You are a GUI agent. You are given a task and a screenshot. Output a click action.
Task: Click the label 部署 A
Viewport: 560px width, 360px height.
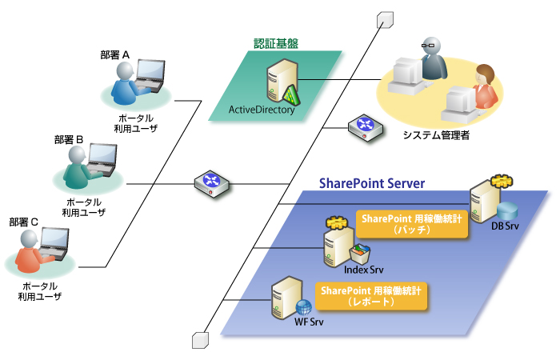(115, 54)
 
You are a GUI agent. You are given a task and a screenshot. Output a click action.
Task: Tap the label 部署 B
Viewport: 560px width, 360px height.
(69, 139)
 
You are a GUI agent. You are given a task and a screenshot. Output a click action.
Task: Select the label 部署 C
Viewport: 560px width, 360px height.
(23, 221)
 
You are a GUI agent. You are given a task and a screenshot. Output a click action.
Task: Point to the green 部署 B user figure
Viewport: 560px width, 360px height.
(77, 167)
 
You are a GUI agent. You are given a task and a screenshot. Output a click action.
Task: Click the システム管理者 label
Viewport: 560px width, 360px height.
(437, 136)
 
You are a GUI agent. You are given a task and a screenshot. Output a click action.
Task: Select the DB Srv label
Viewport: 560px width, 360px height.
(505, 227)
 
